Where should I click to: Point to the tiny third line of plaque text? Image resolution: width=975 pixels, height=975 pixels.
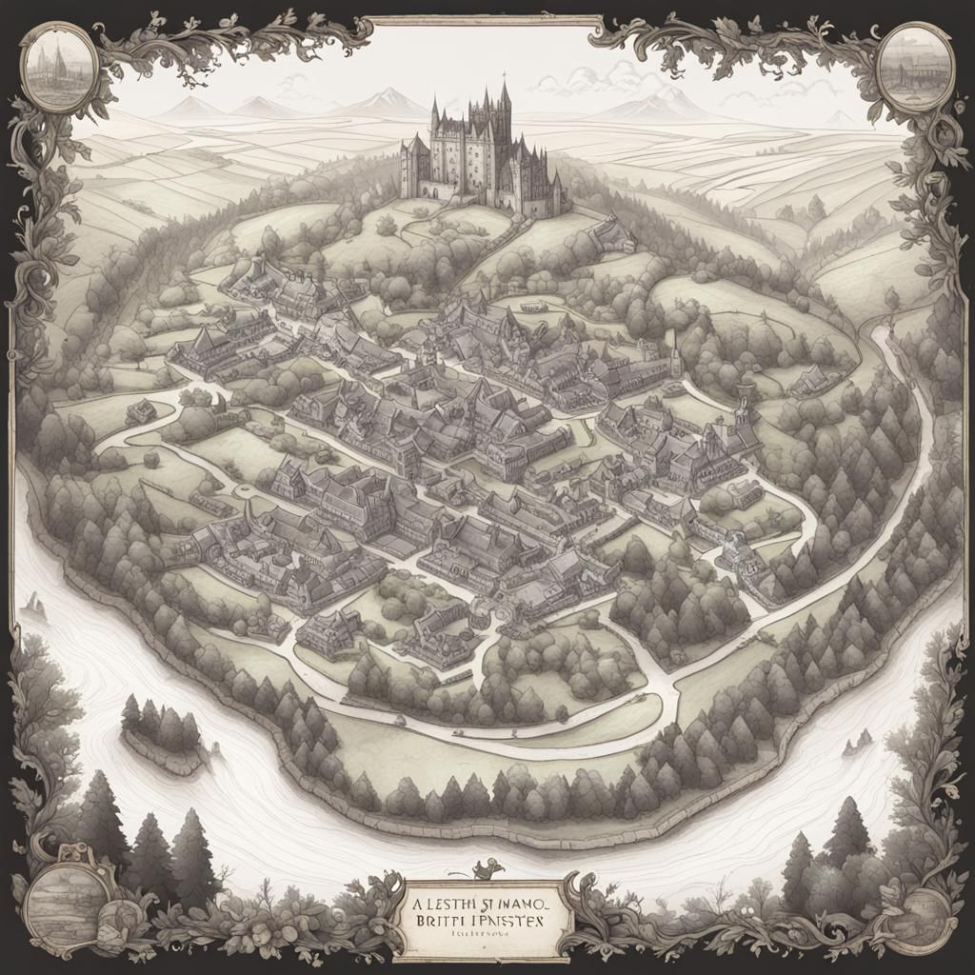pyautogui.click(x=486, y=938)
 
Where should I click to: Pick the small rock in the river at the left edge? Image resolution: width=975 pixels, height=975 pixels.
pyautogui.click(x=35, y=602)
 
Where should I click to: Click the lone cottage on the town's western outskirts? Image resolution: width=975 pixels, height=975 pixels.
pyautogui.click(x=141, y=411)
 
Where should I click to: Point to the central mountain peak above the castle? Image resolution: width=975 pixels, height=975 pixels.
pyautogui.click(x=388, y=99)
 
